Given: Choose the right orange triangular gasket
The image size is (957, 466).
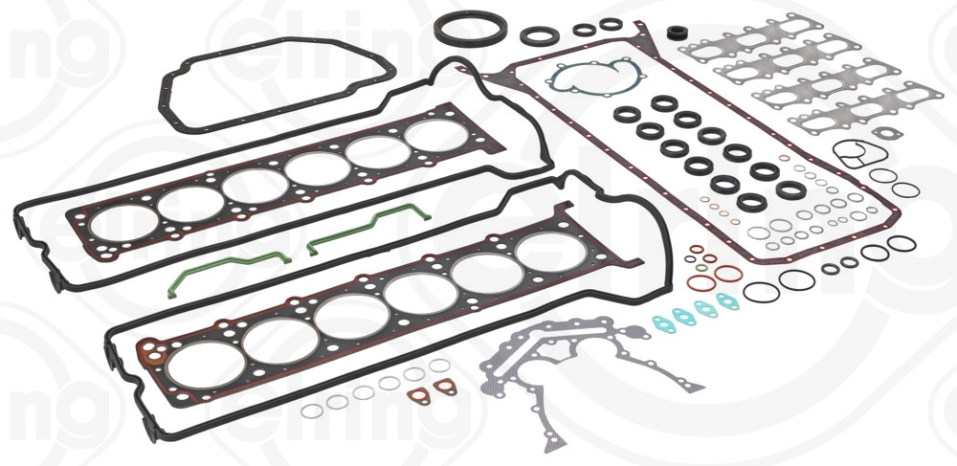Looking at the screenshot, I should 444,387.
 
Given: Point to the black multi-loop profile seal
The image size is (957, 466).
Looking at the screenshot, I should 858,154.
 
